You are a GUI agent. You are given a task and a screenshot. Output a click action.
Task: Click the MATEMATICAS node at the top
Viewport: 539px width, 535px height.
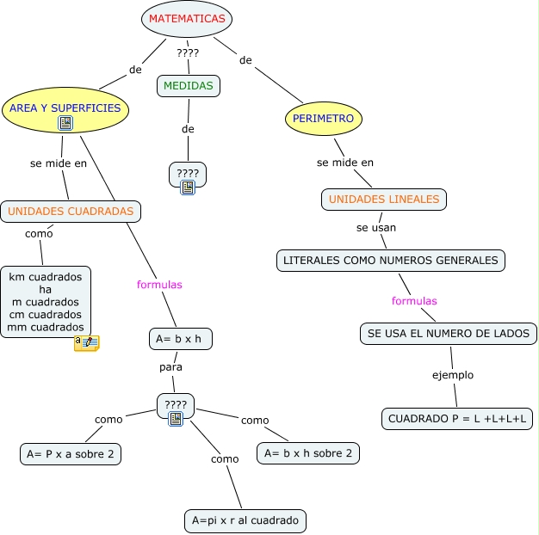[x=187, y=19]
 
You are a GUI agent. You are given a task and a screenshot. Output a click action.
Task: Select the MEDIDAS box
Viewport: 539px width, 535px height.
[x=189, y=85]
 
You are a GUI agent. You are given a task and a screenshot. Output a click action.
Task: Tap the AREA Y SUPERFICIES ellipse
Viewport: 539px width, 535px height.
[x=65, y=108]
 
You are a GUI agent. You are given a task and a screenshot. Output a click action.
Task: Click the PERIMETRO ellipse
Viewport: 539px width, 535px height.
[x=323, y=118]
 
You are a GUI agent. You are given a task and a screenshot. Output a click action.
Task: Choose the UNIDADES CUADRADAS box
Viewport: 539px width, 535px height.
[x=71, y=211]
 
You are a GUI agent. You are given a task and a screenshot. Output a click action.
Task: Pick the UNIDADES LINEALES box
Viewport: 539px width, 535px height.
[x=384, y=200]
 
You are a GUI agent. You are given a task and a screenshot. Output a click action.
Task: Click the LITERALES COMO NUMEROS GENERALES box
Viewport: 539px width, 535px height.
[x=391, y=260]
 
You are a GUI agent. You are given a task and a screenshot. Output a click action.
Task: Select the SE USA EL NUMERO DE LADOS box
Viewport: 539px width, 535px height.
[x=449, y=333]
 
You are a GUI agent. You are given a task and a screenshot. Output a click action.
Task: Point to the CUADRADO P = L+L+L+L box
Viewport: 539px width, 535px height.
[x=457, y=419]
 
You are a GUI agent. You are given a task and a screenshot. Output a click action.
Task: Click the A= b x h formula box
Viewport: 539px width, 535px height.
[x=180, y=339]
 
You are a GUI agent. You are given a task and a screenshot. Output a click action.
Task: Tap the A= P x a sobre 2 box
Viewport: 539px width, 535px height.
[x=71, y=453]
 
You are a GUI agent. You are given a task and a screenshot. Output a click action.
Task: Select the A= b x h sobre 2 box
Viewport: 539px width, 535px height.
[x=308, y=452]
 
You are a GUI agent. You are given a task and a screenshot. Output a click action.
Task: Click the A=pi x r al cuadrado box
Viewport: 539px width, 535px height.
[x=245, y=520]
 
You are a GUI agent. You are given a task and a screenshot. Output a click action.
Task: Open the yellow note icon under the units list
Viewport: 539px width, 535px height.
[x=86, y=343]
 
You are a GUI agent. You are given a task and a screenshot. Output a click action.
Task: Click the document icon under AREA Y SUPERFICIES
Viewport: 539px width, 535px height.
[x=65, y=124]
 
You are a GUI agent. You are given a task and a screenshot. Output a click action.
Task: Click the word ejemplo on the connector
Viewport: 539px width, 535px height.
[x=453, y=375]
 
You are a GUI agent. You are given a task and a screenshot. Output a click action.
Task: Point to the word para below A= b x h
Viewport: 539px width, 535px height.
[x=170, y=367]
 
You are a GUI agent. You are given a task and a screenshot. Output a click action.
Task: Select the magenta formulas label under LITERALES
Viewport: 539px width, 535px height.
[x=414, y=301]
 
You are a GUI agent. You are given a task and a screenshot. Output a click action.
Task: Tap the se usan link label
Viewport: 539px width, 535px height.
[x=376, y=229]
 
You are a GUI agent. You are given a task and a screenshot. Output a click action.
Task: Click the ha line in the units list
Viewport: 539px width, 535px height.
[x=46, y=290]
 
